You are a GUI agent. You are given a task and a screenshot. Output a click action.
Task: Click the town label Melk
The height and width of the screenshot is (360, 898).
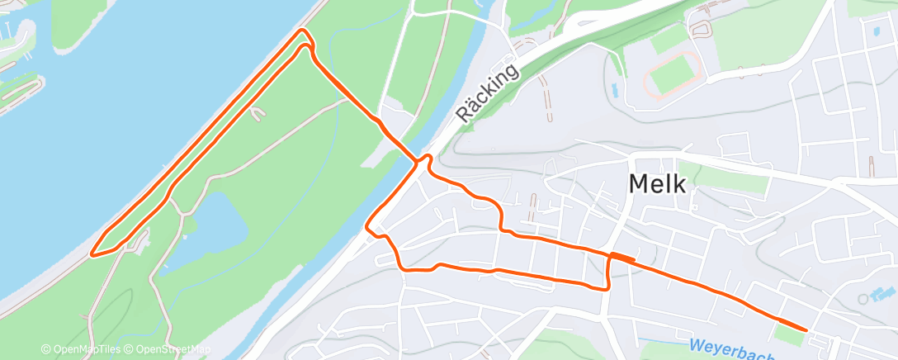657,183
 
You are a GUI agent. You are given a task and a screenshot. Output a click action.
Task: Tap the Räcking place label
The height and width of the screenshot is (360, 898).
489,93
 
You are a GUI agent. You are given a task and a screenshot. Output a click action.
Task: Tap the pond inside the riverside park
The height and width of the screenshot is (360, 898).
215,222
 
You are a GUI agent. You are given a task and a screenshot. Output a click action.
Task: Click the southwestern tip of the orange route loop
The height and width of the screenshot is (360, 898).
92,253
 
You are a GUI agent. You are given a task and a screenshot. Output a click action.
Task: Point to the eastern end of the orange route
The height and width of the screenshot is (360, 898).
806,329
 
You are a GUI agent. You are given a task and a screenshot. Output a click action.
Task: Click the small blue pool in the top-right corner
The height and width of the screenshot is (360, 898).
876,31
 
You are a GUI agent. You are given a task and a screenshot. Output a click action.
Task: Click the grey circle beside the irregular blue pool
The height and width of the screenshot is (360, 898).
864,299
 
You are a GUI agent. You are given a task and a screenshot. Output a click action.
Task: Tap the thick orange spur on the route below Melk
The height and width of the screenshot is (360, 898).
623,257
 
